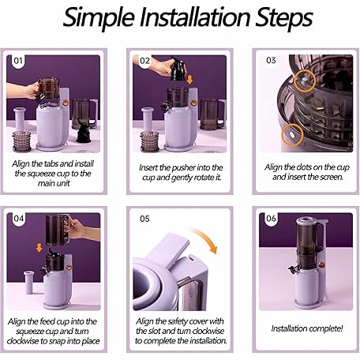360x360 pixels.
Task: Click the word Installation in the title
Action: (x=195, y=17)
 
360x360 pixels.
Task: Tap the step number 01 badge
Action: (x=18, y=61)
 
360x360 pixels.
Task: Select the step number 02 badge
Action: (x=144, y=61)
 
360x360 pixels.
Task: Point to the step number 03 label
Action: (x=271, y=60)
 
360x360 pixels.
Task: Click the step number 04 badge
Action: (x=19, y=219)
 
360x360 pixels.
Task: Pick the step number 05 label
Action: (x=144, y=219)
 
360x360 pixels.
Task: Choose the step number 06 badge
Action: (x=271, y=219)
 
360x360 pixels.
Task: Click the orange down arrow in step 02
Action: (x=189, y=80)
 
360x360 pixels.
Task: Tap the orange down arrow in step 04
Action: (x=39, y=248)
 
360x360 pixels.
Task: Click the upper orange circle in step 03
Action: (x=304, y=81)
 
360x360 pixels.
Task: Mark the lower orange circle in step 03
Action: (x=292, y=135)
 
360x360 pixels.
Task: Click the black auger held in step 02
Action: (x=178, y=69)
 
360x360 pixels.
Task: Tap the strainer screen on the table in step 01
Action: (x=22, y=141)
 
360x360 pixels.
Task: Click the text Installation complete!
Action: (x=307, y=328)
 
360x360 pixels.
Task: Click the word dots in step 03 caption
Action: (x=305, y=167)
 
